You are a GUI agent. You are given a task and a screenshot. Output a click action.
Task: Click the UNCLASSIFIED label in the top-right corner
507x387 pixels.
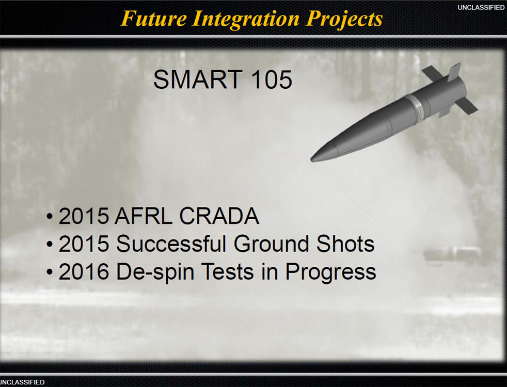click(x=481, y=7)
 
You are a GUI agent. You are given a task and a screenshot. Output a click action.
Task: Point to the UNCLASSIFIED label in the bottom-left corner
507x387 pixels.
click(x=22, y=382)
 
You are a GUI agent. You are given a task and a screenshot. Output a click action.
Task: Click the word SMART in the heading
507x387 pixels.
click(x=198, y=79)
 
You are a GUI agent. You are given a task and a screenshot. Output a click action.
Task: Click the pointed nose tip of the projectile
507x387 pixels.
click(x=311, y=159)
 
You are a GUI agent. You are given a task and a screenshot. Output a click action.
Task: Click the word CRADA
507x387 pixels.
click(x=219, y=216)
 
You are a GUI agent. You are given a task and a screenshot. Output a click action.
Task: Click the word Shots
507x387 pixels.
click(x=345, y=244)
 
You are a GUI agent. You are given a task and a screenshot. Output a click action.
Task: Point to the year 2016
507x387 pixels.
click(x=84, y=271)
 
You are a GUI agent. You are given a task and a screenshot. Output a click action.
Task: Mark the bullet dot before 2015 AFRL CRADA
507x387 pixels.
click(x=49, y=216)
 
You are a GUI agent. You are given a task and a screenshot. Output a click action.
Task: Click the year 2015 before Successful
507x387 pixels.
click(x=84, y=244)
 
